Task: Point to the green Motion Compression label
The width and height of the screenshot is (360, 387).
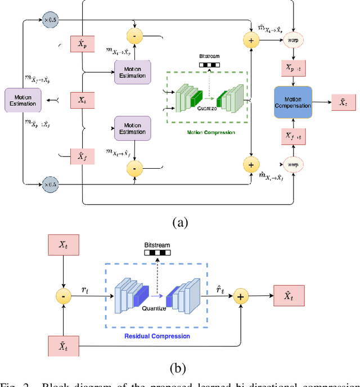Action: (x=211, y=133)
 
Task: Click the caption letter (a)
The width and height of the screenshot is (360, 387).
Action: (x=179, y=222)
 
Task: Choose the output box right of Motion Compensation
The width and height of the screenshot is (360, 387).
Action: (x=339, y=102)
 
